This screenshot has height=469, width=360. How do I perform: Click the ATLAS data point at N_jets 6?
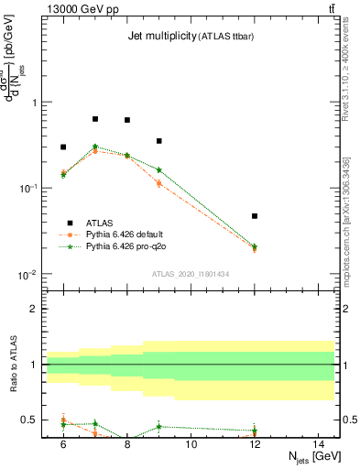(63, 147)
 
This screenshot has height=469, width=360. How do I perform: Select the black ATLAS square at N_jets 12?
(255, 216)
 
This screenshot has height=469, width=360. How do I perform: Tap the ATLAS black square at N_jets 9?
(158, 141)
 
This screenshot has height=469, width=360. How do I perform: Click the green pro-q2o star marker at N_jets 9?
(158, 169)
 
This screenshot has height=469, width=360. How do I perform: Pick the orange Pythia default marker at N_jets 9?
(158, 183)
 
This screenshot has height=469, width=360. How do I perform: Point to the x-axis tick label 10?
(191, 445)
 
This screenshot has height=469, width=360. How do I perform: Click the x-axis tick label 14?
(319, 445)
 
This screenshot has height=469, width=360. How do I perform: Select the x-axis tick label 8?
(126, 445)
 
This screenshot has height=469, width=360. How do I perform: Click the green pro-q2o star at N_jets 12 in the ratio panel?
(255, 431)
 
